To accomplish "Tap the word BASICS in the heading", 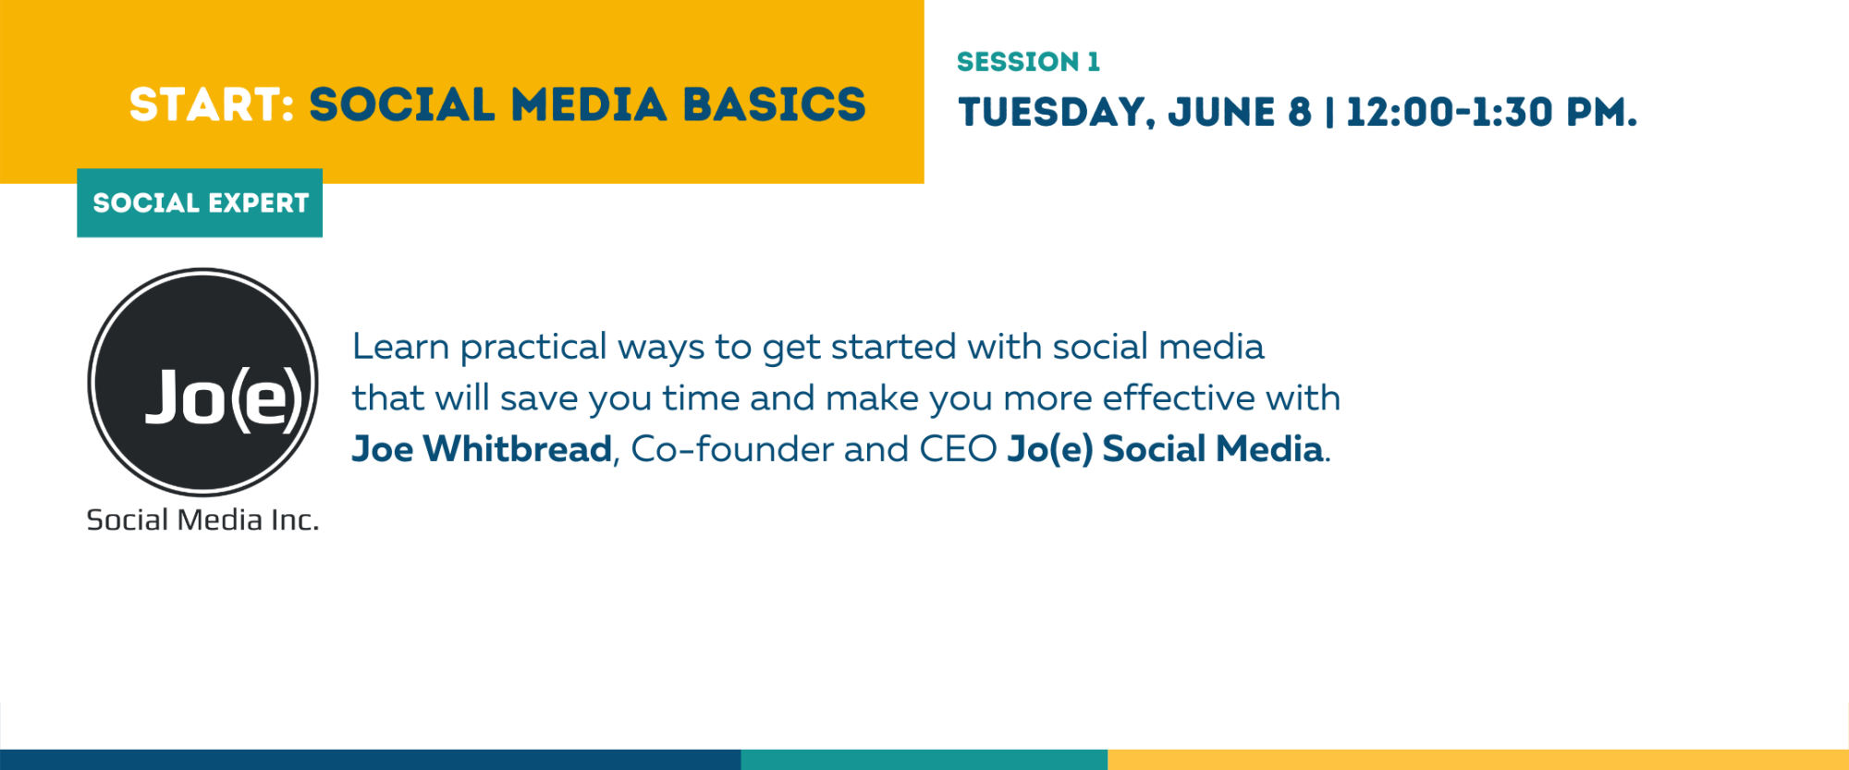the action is pos(774,104).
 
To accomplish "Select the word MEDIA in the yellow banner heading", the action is pos(589,104).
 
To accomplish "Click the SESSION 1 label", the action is pos(1028,62).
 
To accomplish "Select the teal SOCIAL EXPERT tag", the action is pos(200,202).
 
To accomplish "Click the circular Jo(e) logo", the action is pos(202,382).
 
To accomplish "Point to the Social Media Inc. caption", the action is pos(202,520).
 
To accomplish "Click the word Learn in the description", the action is pos(400,347).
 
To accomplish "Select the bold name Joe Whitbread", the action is pos(482,449).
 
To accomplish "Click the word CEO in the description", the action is pos(958,449).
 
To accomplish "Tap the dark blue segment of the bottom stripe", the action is pos(370,760).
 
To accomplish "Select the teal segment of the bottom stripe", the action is pos(924,760).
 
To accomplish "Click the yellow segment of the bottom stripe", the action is pos(1478,760).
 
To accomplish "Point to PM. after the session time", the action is pos(1601,112).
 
